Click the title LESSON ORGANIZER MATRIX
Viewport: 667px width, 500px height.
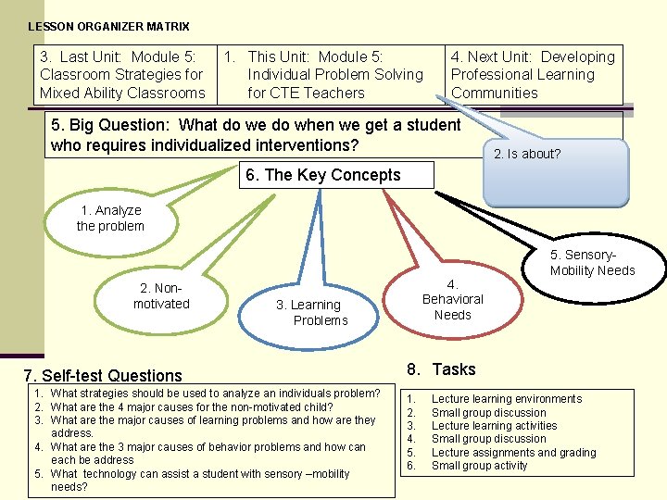[108, 27]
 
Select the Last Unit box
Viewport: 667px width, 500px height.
[122, 75]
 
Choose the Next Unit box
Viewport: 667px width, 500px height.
[533, 75]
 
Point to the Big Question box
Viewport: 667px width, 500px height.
[255, 135]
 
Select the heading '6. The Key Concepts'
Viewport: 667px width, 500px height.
[320, 175]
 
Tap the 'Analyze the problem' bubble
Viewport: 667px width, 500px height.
[110, 219]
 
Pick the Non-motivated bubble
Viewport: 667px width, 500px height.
[161, 296]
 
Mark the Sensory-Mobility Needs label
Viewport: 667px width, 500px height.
[592, 263]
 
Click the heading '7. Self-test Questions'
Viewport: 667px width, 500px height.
[103, 375]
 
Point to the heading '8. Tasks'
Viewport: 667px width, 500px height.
[442, 369]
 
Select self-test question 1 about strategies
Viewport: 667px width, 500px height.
[215, 394]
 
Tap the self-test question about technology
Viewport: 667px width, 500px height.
[200, 480]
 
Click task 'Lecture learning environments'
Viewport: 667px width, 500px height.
[507, 399]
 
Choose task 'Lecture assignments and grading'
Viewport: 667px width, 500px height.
[513, 453]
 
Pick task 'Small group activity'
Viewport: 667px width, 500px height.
[479, 466]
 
